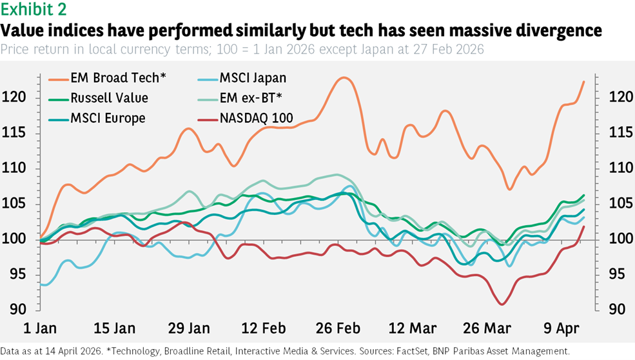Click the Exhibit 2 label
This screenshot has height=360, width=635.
[x=33, y=10]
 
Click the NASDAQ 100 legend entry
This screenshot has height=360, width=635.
[x=255, y=117]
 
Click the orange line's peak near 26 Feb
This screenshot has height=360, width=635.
[x=344, y=78]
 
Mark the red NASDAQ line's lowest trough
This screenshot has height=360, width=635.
[x=502, y=304]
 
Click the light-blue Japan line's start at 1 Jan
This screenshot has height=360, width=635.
[x=42, y=284]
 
